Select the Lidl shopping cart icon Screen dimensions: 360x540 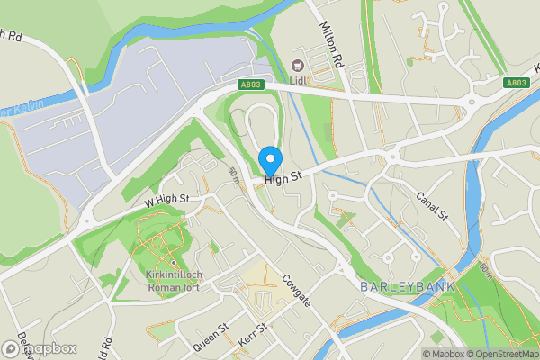tap(298, 65)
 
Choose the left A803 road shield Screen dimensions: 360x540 tap(252, 85)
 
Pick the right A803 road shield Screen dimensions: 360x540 tap(515, 82)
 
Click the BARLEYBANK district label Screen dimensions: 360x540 tap(407, 286)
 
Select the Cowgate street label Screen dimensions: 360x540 tap(296, 290)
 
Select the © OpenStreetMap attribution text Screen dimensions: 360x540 tap(501, 354)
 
